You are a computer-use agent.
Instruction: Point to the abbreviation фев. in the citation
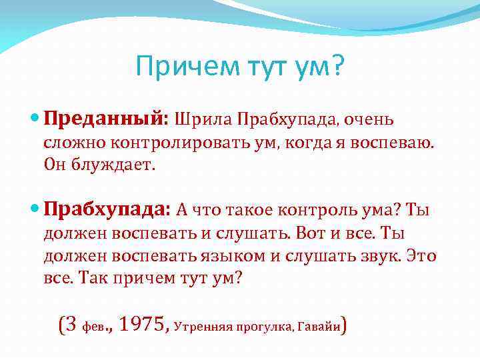pyautogui.click(x=95, y=327)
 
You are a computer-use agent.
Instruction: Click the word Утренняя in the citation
pyautogui.click(x=201, y=327)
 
